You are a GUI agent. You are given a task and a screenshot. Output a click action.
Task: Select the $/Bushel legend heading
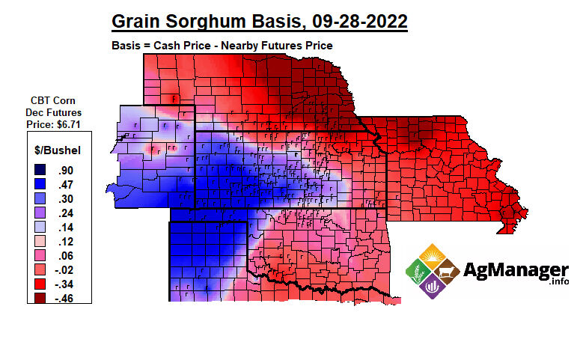click(60, 150)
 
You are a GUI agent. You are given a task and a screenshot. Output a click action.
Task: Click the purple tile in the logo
click(432, 286)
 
